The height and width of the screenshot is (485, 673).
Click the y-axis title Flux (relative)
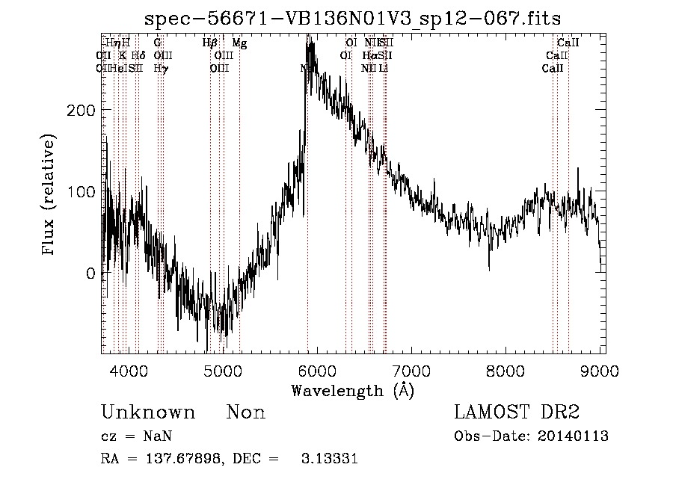[x=49, y=196]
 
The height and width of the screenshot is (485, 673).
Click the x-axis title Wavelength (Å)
[x=352, y=390]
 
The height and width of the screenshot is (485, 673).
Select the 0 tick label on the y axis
[x=90, y=274]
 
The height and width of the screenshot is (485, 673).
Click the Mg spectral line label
[x=239, y=43]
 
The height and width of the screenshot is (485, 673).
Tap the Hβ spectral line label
[x=210, y=43]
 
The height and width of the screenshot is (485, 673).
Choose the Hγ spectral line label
[x=160, y=68]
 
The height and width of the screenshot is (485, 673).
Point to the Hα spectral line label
[x=369, y=55]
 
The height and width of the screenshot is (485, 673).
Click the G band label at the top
[x=158, y=43]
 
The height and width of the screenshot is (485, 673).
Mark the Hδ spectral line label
[x=138, y=55]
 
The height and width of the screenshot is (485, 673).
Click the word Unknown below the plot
[x=148, y=413]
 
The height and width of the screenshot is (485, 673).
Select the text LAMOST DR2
[x=517, y=413]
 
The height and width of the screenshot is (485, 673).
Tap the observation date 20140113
[x=576, y=436]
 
